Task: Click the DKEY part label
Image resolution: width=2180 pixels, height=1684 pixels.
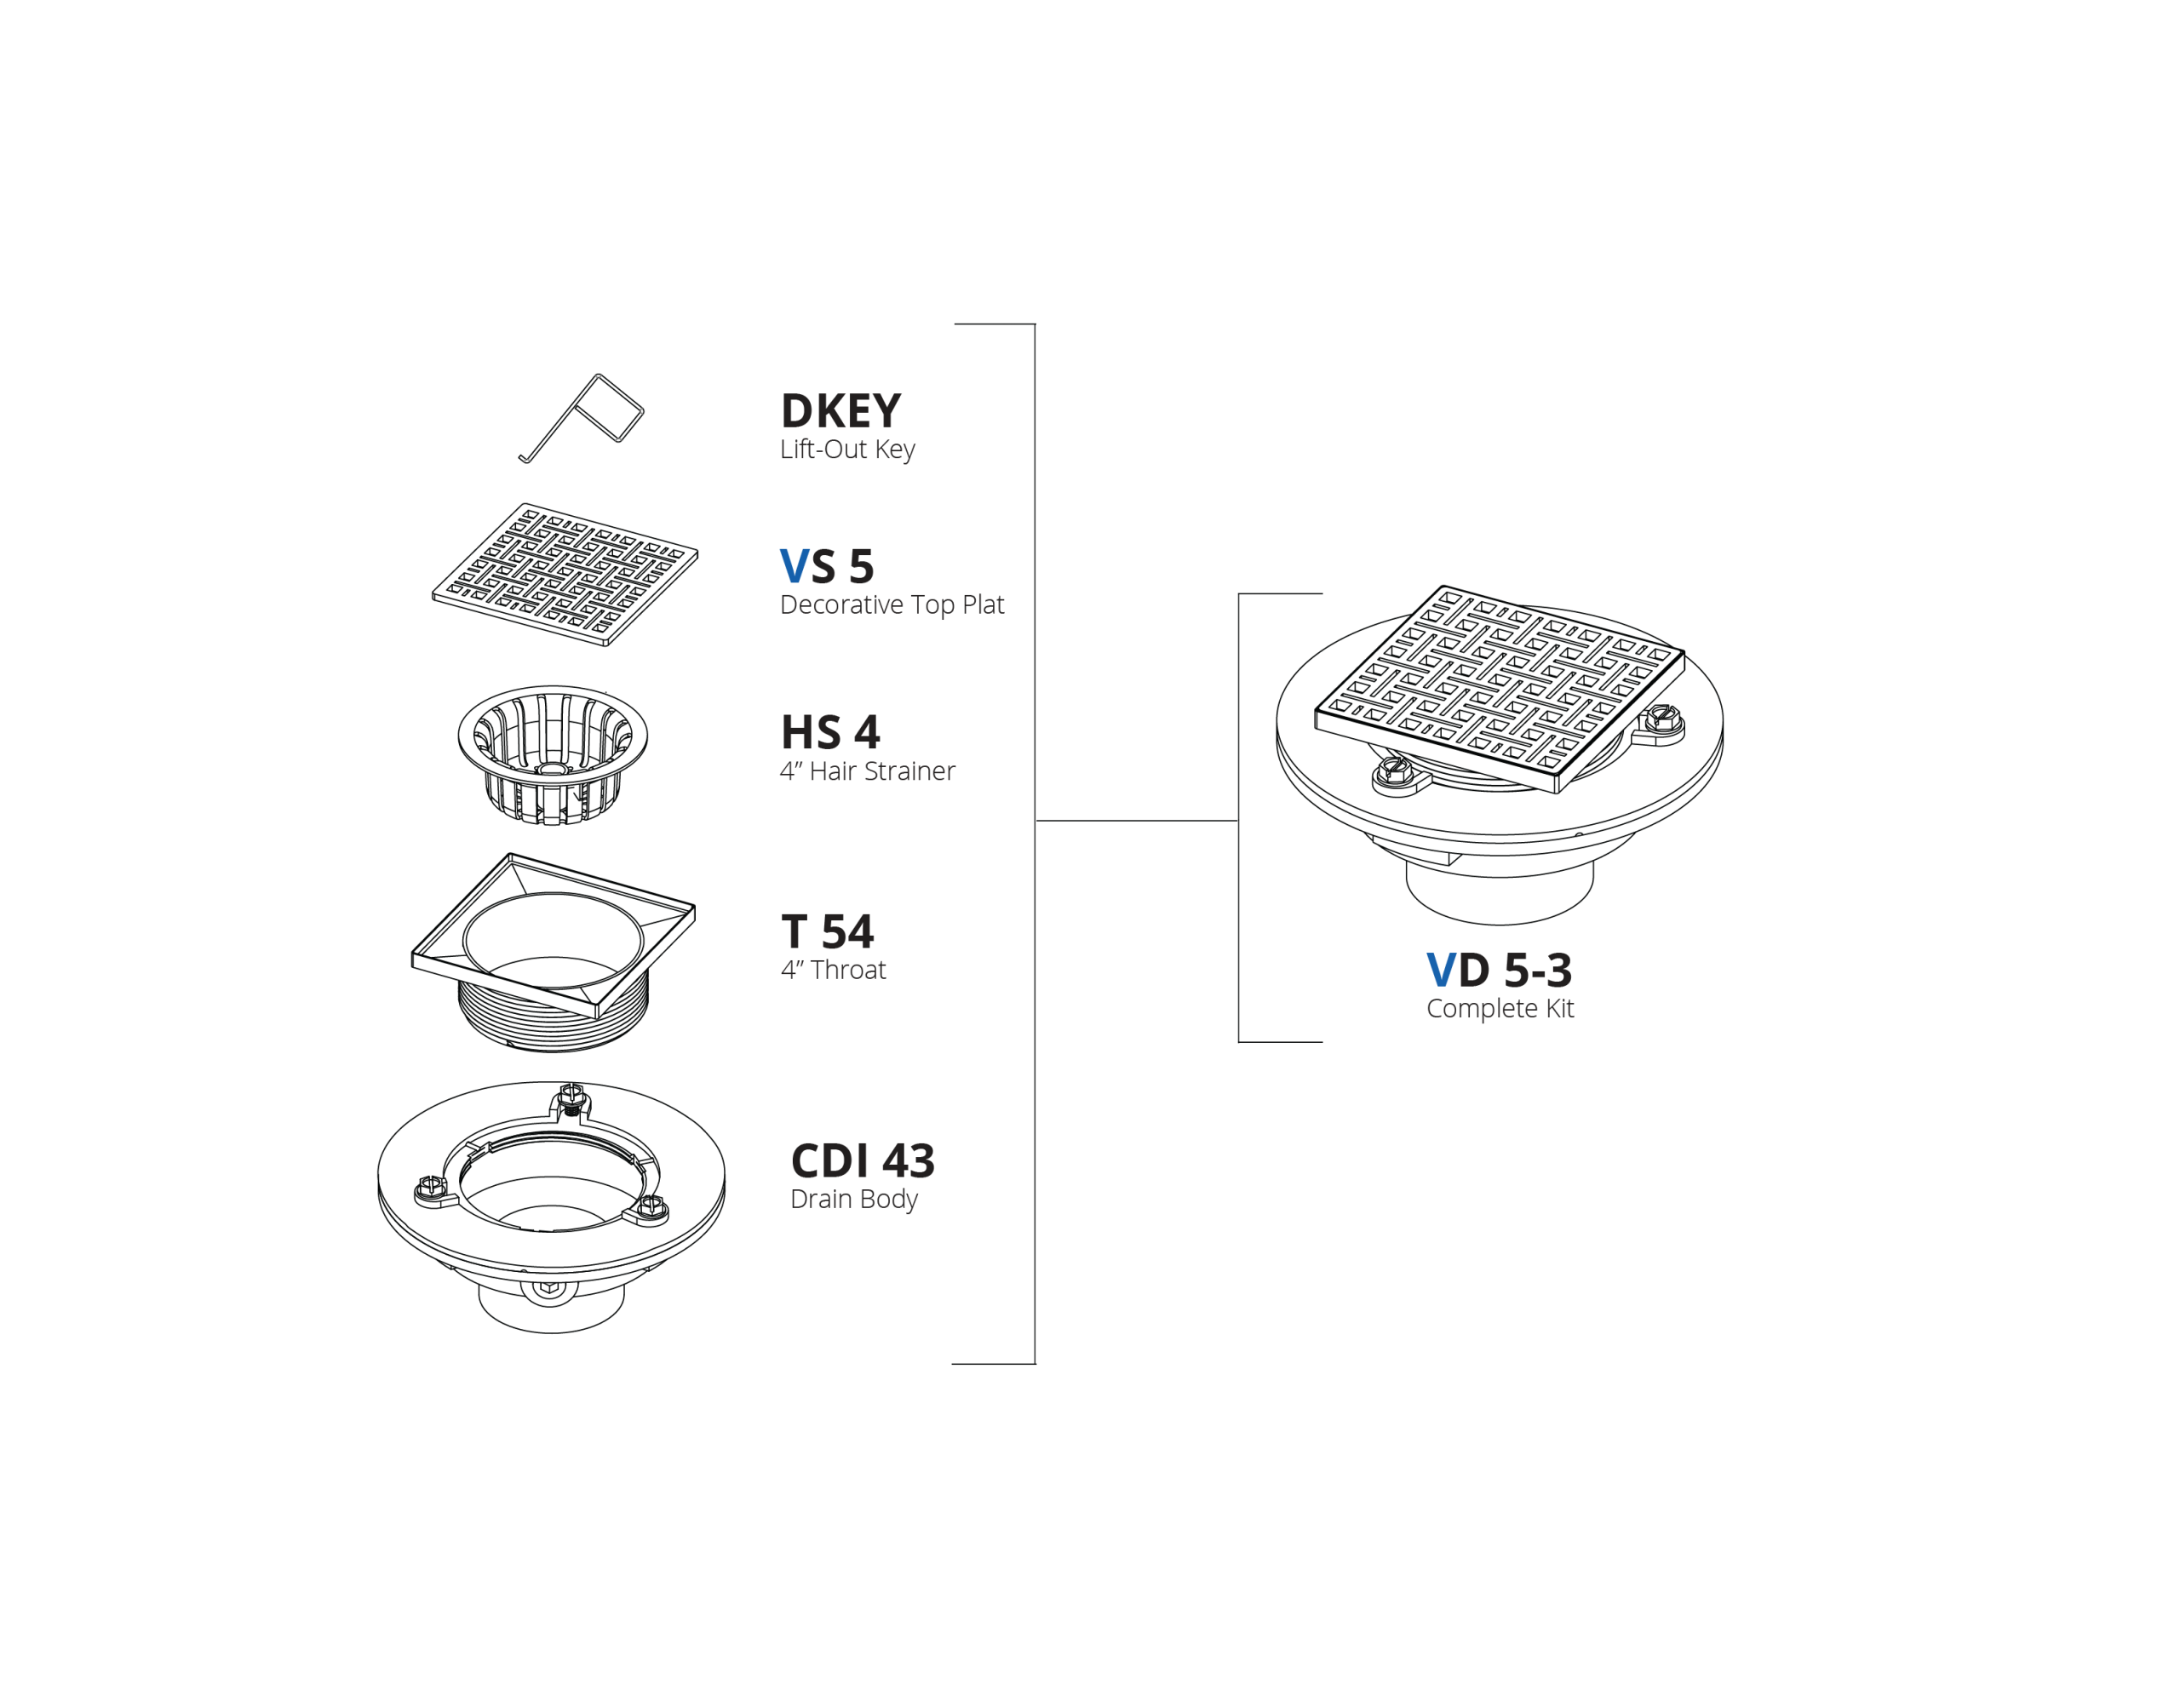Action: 840,410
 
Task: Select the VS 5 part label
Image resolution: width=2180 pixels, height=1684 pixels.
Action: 827,566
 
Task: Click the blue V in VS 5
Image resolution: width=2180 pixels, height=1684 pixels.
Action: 794,566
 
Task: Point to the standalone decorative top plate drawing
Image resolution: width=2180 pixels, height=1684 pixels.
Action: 565,574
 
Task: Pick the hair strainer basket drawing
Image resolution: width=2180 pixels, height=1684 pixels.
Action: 552,753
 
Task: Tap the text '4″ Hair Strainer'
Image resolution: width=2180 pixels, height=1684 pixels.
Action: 868,770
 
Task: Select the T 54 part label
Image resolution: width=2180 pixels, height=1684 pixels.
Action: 828,931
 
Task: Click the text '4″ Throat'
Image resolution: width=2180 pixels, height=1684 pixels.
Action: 834,969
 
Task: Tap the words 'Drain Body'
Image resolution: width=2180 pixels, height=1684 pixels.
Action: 853,1199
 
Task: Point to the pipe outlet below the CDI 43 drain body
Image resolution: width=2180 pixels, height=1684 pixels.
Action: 551,1307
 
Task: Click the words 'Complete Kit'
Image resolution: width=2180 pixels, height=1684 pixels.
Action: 1500,1008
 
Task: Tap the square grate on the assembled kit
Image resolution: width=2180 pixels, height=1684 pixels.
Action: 1500,689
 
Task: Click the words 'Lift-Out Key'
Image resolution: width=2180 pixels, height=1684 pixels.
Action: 847,450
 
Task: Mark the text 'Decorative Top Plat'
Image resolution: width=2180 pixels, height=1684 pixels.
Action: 892,605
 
